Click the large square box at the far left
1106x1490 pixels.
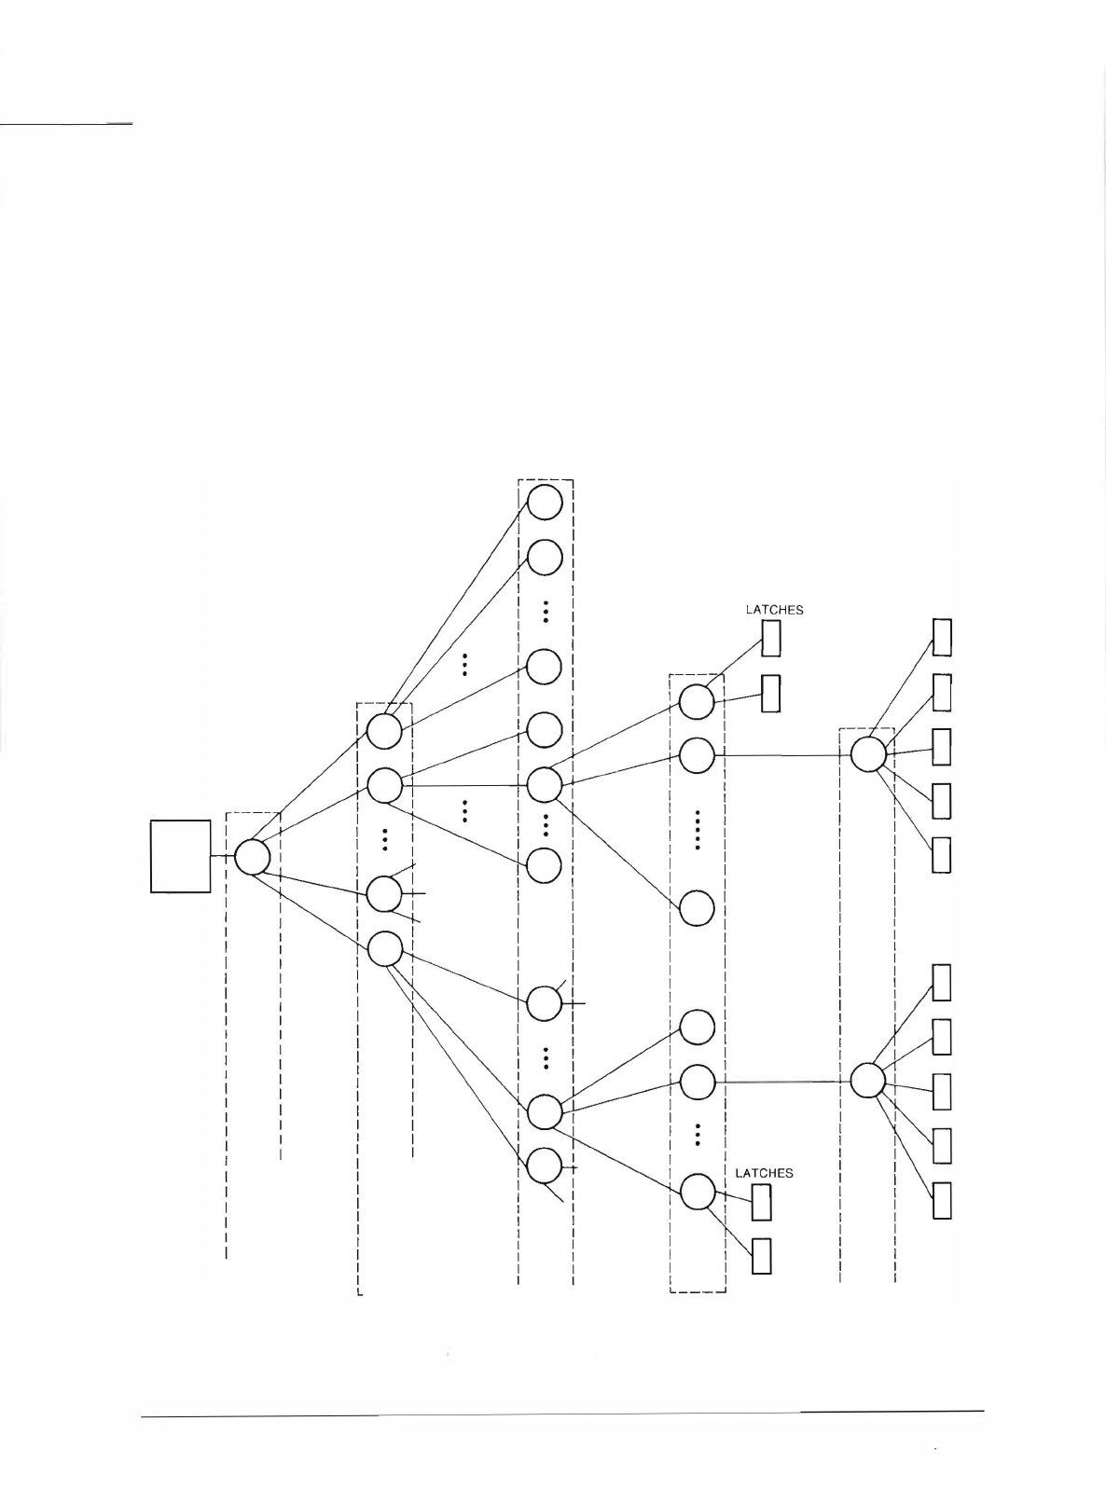pos(181,856)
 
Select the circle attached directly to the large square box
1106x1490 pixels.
pos(252,857)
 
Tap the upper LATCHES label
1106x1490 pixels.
pos(774,610)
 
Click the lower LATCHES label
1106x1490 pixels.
pos(764,1173)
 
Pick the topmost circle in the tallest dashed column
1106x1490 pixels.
pos(545,503)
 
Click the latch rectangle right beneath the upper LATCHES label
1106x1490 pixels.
pos(771,639)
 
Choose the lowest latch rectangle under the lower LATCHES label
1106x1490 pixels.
pos(762,1256)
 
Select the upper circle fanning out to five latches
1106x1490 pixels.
pos(868,754)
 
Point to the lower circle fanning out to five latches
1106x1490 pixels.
pos(868,1081)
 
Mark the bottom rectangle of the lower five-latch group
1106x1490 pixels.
pos(942,1200)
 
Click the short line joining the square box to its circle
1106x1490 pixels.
pos(222,856)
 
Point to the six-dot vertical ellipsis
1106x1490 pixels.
pos(698,830)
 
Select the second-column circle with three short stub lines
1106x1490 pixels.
pos(384,894)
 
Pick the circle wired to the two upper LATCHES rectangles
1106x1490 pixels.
pos(697,701)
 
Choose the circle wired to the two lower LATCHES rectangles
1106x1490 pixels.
pos(698,1193)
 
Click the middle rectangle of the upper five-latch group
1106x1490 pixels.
pos(942,746)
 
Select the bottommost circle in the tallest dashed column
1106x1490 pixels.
pos(545,1166)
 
